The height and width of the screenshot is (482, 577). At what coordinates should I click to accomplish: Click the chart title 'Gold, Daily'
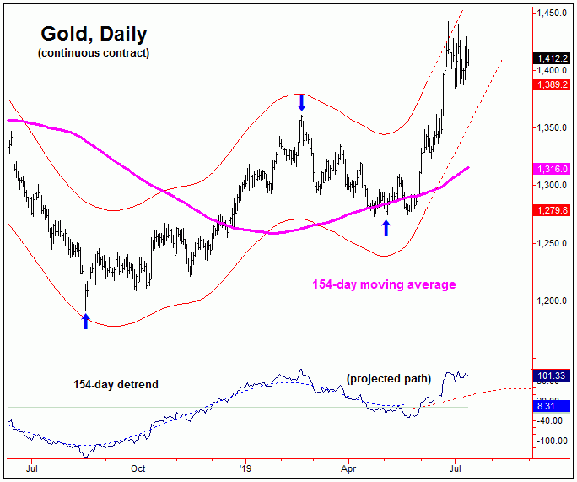93,35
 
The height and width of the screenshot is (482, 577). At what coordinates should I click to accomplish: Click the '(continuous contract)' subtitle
93,53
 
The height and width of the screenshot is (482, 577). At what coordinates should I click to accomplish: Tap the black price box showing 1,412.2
553,58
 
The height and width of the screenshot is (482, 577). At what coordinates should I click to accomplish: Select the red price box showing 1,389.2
553,85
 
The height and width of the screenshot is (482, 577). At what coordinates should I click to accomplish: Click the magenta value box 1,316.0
553,169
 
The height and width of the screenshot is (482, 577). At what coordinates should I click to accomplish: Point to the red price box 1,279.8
553,210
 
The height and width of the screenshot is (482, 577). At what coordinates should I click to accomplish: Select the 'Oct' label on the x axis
138,466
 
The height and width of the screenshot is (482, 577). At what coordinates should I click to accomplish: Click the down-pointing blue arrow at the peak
301,104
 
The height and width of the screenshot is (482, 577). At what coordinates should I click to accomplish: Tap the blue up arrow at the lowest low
85,320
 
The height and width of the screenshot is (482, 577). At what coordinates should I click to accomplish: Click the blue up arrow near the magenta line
386,227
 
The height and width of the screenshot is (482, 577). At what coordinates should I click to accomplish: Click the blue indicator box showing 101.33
553,376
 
